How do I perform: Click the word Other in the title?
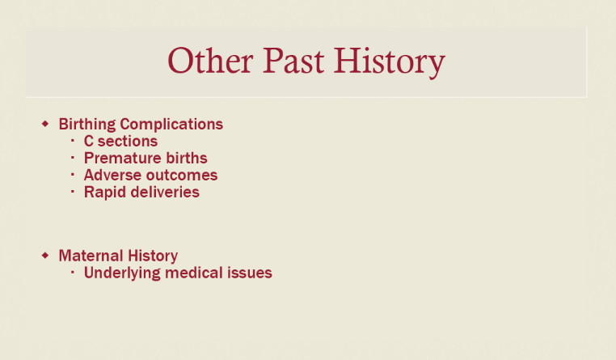click(210, 61)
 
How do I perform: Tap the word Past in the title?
click(293, 61)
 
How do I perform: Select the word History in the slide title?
click(390, 62)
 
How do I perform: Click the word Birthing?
click(87, 125)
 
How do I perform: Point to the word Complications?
click(171, 125)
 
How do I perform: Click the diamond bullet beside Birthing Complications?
click(45, 124)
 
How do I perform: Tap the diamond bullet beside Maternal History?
click(45, 256)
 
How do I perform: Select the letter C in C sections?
click(88, 141)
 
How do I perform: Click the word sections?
click(127, 141)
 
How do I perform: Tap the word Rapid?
click(105, 193)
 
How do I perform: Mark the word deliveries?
click(165, 193)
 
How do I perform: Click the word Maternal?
click(91, 256)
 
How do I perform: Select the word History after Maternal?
click(153, 256)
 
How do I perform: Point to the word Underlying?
click(122, 273)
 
